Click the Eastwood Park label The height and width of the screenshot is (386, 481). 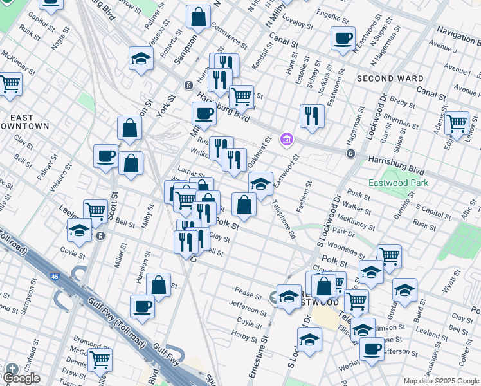pyautogui.click(x=398, y=183)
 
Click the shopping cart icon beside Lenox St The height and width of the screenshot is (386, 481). pyautogui.click(x=457, y=122)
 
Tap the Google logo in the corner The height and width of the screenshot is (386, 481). pyautogui.click(x=21, y=378)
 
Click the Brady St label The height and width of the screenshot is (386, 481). pyautogui.click(x=403, y=101)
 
